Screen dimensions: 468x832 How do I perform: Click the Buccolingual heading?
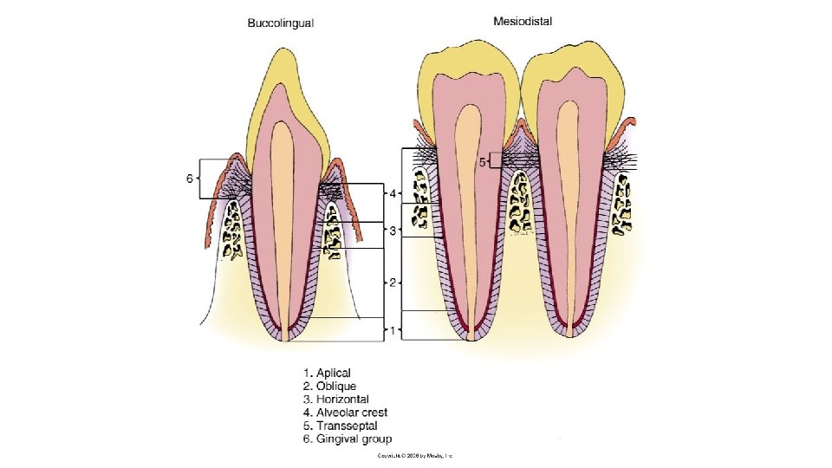point(279,23)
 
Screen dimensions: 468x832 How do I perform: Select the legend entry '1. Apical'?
point(327,374)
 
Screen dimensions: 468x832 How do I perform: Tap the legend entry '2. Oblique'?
point(330,387)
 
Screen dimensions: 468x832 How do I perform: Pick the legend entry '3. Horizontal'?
point(336,400)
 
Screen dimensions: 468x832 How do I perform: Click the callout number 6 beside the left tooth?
point(189,179)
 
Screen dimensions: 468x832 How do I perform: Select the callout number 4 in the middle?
point(393,193)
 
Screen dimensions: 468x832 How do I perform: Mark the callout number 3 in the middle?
point(393,231)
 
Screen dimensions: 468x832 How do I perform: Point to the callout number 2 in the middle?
point(393,283)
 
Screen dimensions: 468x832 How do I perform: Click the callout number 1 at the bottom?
point(393,330)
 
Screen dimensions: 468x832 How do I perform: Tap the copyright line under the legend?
point(415,455)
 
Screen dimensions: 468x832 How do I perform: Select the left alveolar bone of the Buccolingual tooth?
point(232,231)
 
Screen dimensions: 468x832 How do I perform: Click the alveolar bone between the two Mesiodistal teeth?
point(519,202)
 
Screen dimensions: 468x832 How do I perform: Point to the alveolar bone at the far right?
point(621,204)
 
